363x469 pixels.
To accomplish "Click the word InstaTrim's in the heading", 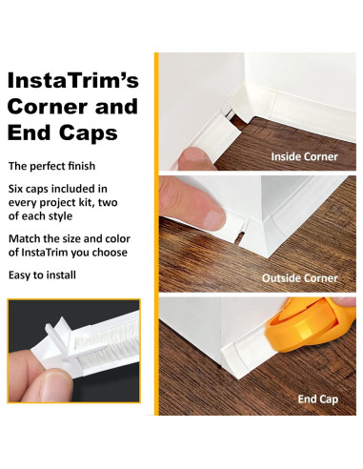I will [x=73, y=80].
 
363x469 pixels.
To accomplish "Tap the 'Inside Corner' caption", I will [x=305, y=155].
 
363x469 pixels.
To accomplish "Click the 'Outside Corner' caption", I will [x=300, y=278].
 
